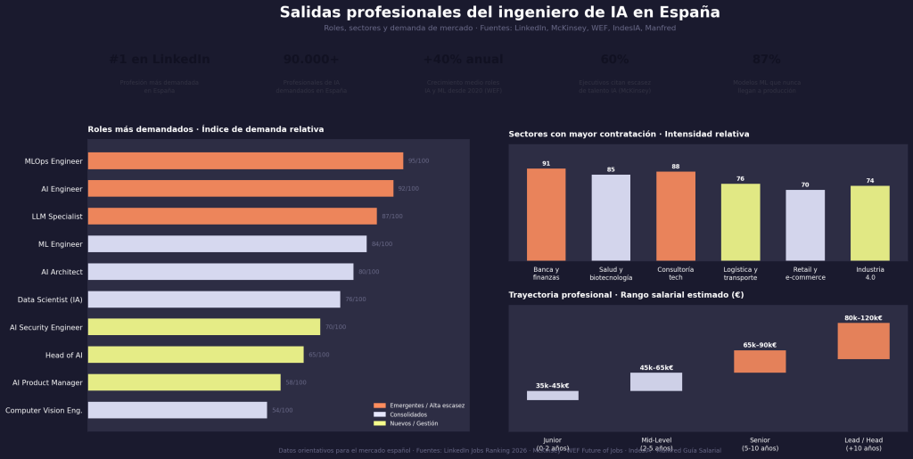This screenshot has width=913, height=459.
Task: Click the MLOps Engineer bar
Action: [x=245, y=160]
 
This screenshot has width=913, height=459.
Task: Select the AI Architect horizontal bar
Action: [x=220, y=272]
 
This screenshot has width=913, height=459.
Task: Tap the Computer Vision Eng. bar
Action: [x=177, y=410]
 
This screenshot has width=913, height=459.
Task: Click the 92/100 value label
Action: [x=408, y=189]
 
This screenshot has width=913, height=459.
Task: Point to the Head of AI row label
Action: [x=64, y=356]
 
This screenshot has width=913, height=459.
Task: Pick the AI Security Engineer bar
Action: [x=204, y=327]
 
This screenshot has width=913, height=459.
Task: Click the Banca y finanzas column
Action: [x=546, y=215]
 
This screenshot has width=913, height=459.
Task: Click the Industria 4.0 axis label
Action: [x=869, y=274]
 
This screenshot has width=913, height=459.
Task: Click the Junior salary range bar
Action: [x=553, y=396]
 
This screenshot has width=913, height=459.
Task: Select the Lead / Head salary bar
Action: [x=863, y=341]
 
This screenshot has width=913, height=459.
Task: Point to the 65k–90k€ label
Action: [x=760, y=345]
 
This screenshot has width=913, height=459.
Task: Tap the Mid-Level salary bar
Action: [x=656, y=381]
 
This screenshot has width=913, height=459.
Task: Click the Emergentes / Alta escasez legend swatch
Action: [x=380, y=406]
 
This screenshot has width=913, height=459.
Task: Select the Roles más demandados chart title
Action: [x=205, y=129]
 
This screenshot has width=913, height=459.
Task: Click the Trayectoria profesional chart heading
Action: [x=626, y=294]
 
